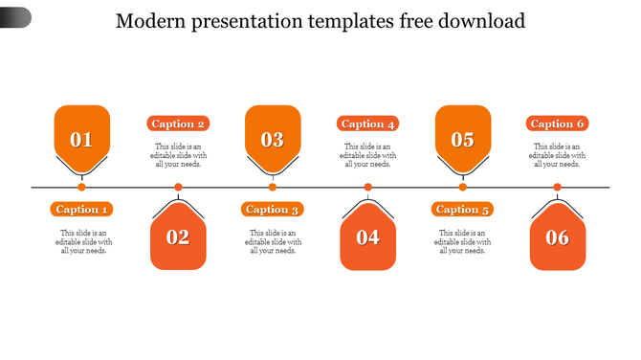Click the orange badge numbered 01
coord(82,138)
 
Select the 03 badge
coord(273,138)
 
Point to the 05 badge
coord(463,138)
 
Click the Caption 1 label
coord(83,209)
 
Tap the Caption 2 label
coord(179,124)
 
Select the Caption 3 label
coord(273,209)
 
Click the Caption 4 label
coord(368,124)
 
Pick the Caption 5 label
coord(463,209)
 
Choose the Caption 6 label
coord(557,124)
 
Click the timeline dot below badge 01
coord(82,187)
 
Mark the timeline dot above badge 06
coord(558,187)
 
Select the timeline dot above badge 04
coord(368,187)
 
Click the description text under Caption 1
coord(83,241)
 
